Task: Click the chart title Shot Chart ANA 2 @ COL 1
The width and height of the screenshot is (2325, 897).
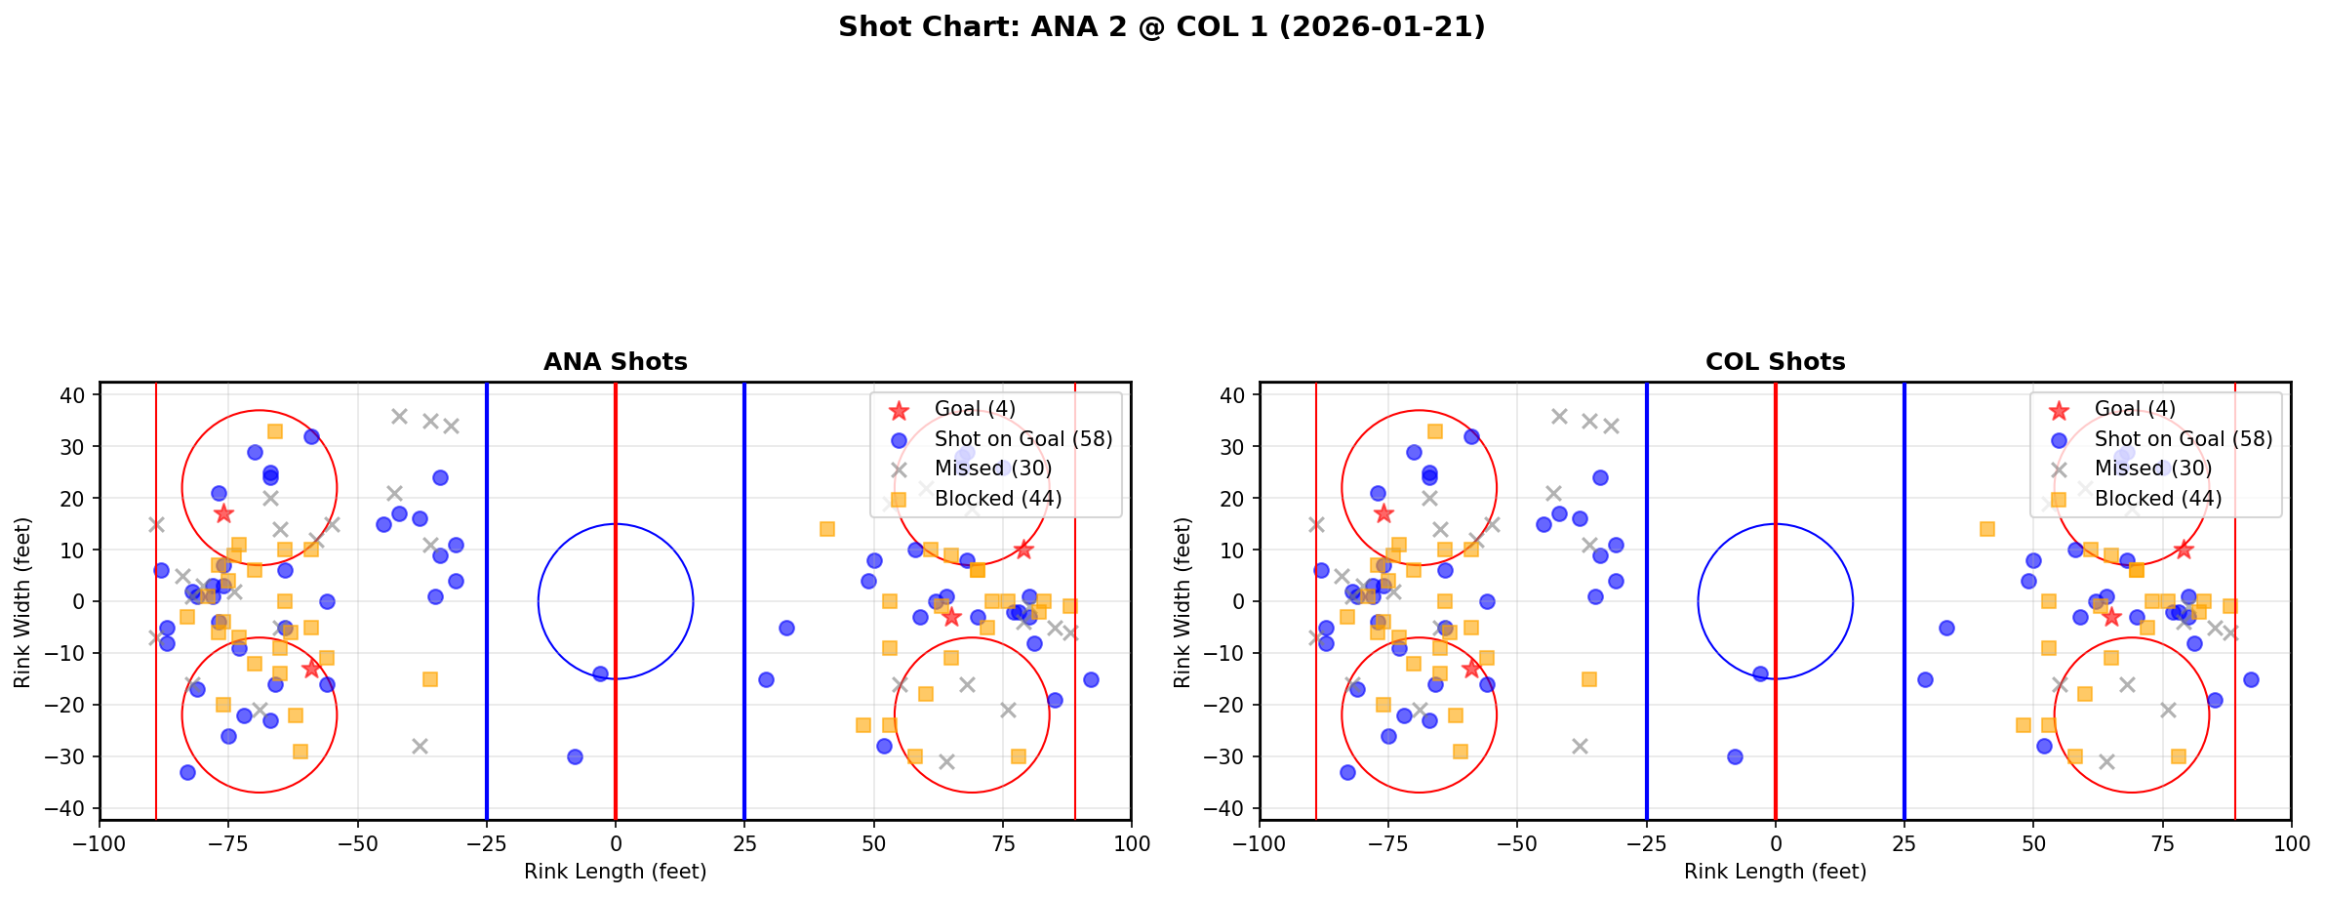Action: tap(1161, 26)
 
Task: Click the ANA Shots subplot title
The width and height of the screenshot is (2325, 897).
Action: tap(615, 362)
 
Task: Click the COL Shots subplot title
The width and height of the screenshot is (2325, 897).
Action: tap(1775, 362)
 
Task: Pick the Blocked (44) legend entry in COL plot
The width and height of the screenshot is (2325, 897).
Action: tap(2158, 499)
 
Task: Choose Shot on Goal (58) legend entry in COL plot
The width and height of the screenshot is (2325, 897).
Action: tap(2184, 439)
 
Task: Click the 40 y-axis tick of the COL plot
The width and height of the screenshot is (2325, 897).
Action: tap(1234, 394)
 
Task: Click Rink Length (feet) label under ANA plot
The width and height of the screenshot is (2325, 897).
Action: tap(615, 872)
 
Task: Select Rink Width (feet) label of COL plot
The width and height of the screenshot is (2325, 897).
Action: tap(1183, 601)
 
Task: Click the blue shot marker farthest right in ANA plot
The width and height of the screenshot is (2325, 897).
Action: tap(1091, 679)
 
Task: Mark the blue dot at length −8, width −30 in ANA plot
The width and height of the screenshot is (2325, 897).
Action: tap(575, 756)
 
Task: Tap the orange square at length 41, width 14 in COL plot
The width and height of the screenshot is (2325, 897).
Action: tap(1986, 529)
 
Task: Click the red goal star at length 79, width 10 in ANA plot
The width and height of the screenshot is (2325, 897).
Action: tap(1022, 550)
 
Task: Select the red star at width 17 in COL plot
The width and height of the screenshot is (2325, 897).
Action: tap(1383, 513)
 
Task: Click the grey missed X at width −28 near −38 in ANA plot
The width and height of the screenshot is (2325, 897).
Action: tap(420, 746)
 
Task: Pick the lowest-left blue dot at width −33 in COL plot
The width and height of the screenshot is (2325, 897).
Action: tap(1347, 772)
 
